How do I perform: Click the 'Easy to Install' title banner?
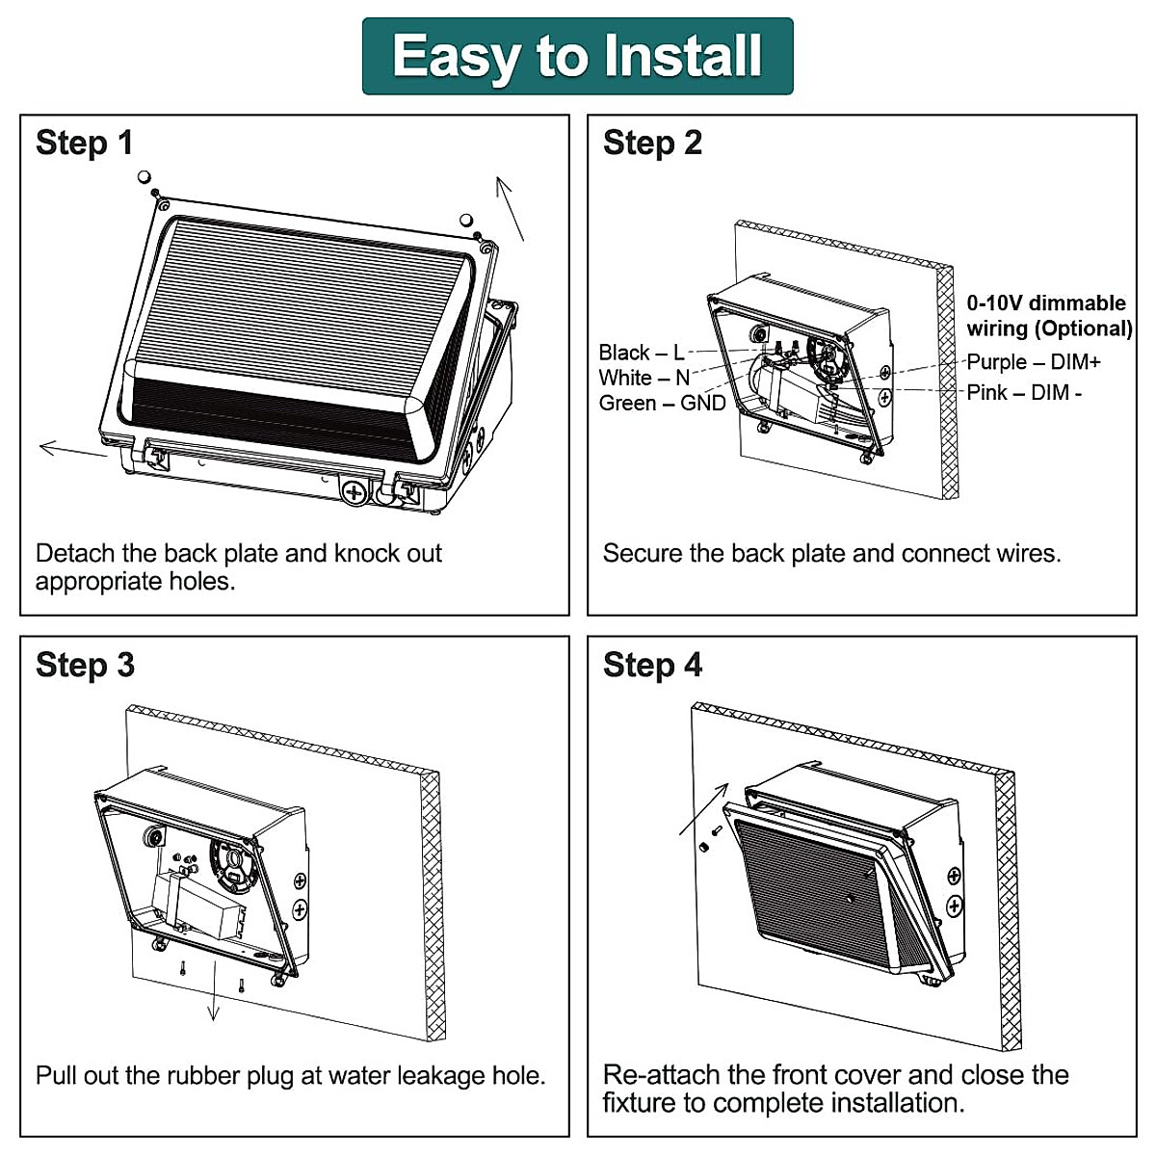coord(578,56)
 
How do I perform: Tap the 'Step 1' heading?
coord(85,144)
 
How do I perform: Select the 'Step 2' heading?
coord(652,144)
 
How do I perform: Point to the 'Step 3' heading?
coord(85,666)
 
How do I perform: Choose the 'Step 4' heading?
coord(652,666)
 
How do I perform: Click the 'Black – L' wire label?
coord(641,353)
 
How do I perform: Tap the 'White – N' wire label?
coord(644,378)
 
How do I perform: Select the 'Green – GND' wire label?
coord(662,403)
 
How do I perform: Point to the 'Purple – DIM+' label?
coord(1033,362)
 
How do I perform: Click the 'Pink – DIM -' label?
coord(1024,393)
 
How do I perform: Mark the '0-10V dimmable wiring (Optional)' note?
coord(1049,316)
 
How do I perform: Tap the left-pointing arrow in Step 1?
coord(71,449)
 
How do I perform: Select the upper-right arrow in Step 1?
coord(510,208)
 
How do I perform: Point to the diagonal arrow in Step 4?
coord(703,809)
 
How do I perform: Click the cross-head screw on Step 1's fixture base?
coord(355,492)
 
